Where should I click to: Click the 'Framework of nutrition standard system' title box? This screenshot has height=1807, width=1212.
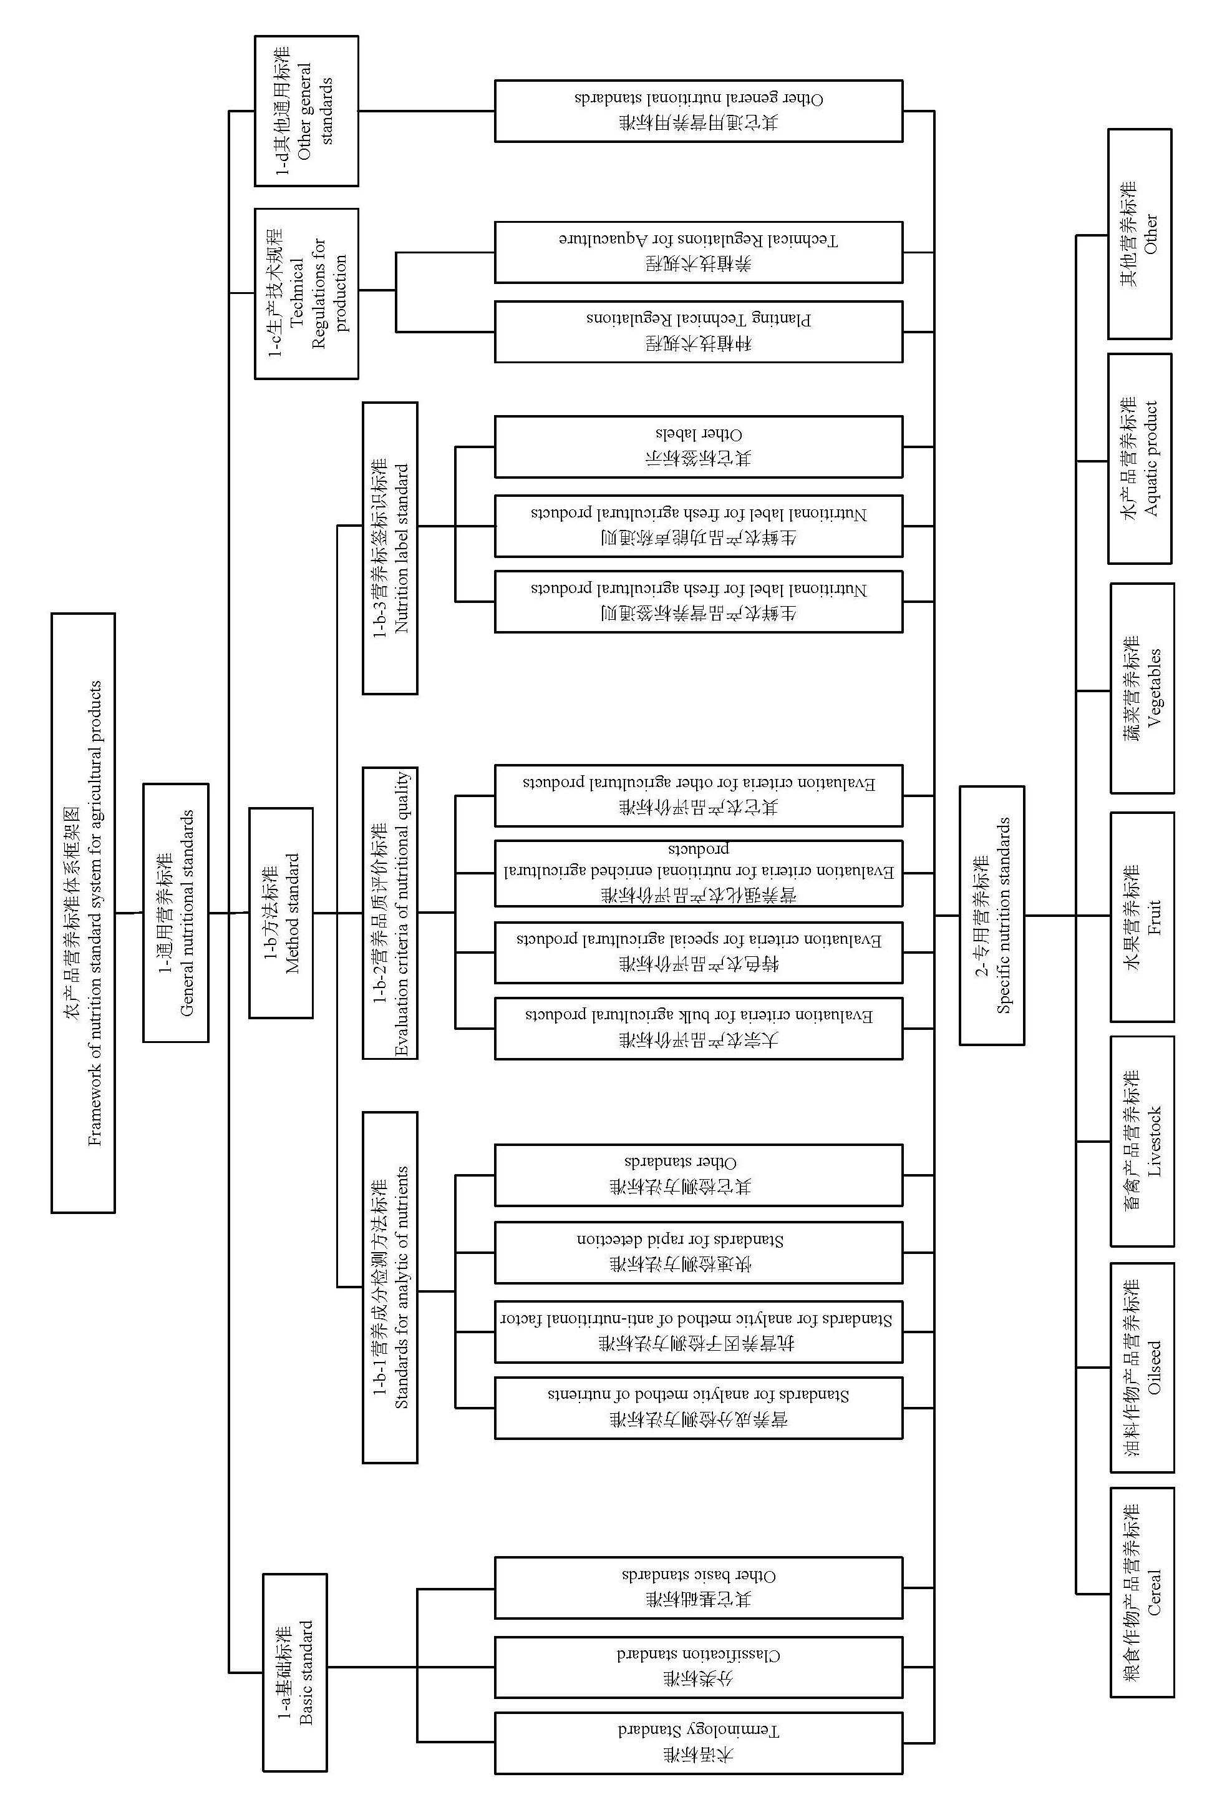pos(84,913)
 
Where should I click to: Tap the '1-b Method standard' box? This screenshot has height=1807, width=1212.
pos(281,913)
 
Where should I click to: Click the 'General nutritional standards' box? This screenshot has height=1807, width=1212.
pos(175,913)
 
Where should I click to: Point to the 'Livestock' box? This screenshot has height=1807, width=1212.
pos(1142,1141)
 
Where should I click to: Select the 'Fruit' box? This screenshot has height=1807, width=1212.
pos(1142,916)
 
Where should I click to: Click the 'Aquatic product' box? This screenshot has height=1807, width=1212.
pos(1140,459)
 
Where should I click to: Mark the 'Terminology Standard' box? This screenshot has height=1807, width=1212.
pos(698,1743)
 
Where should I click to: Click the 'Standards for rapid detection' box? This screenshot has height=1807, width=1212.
pos(698,1252)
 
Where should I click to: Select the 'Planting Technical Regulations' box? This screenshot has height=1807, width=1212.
pos(698,331)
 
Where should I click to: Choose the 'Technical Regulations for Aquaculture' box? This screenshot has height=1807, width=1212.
pos(698,252)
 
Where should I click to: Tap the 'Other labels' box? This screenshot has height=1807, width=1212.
pos(698,446)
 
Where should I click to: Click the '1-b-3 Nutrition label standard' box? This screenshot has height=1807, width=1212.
pos(390,547)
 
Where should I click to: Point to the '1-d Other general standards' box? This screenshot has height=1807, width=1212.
pos(306,110)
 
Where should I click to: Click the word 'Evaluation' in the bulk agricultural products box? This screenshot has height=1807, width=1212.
pos(841,1016)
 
